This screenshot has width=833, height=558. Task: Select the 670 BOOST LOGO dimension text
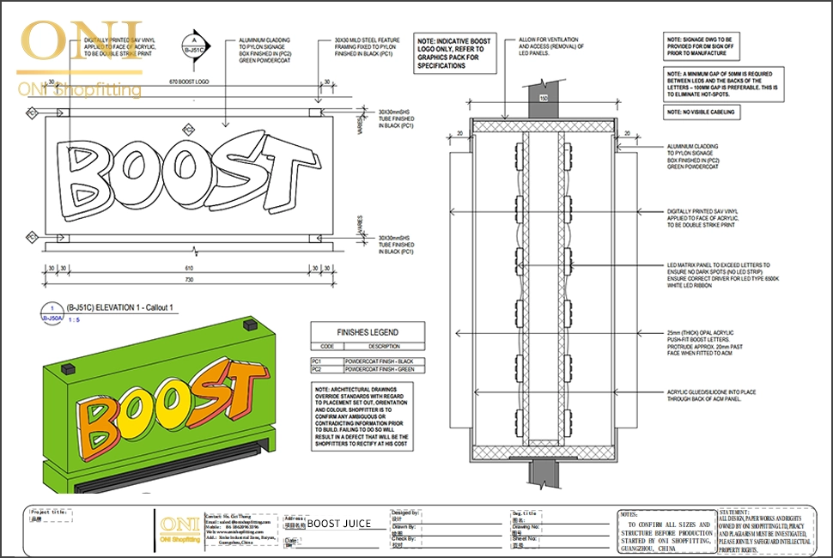click(189, 82)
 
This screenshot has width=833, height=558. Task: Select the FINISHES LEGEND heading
click(366, 332)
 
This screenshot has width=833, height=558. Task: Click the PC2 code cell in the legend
click(317, 369)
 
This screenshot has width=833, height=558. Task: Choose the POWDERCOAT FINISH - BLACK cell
click(379, 361)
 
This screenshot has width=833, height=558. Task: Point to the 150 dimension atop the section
click(542, 98)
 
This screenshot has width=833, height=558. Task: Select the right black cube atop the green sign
click(250, 325)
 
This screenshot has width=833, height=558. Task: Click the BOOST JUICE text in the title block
click(339, 523)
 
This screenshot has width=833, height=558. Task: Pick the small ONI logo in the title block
click(179, 525)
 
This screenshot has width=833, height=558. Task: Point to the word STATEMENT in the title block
click(735, 512)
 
